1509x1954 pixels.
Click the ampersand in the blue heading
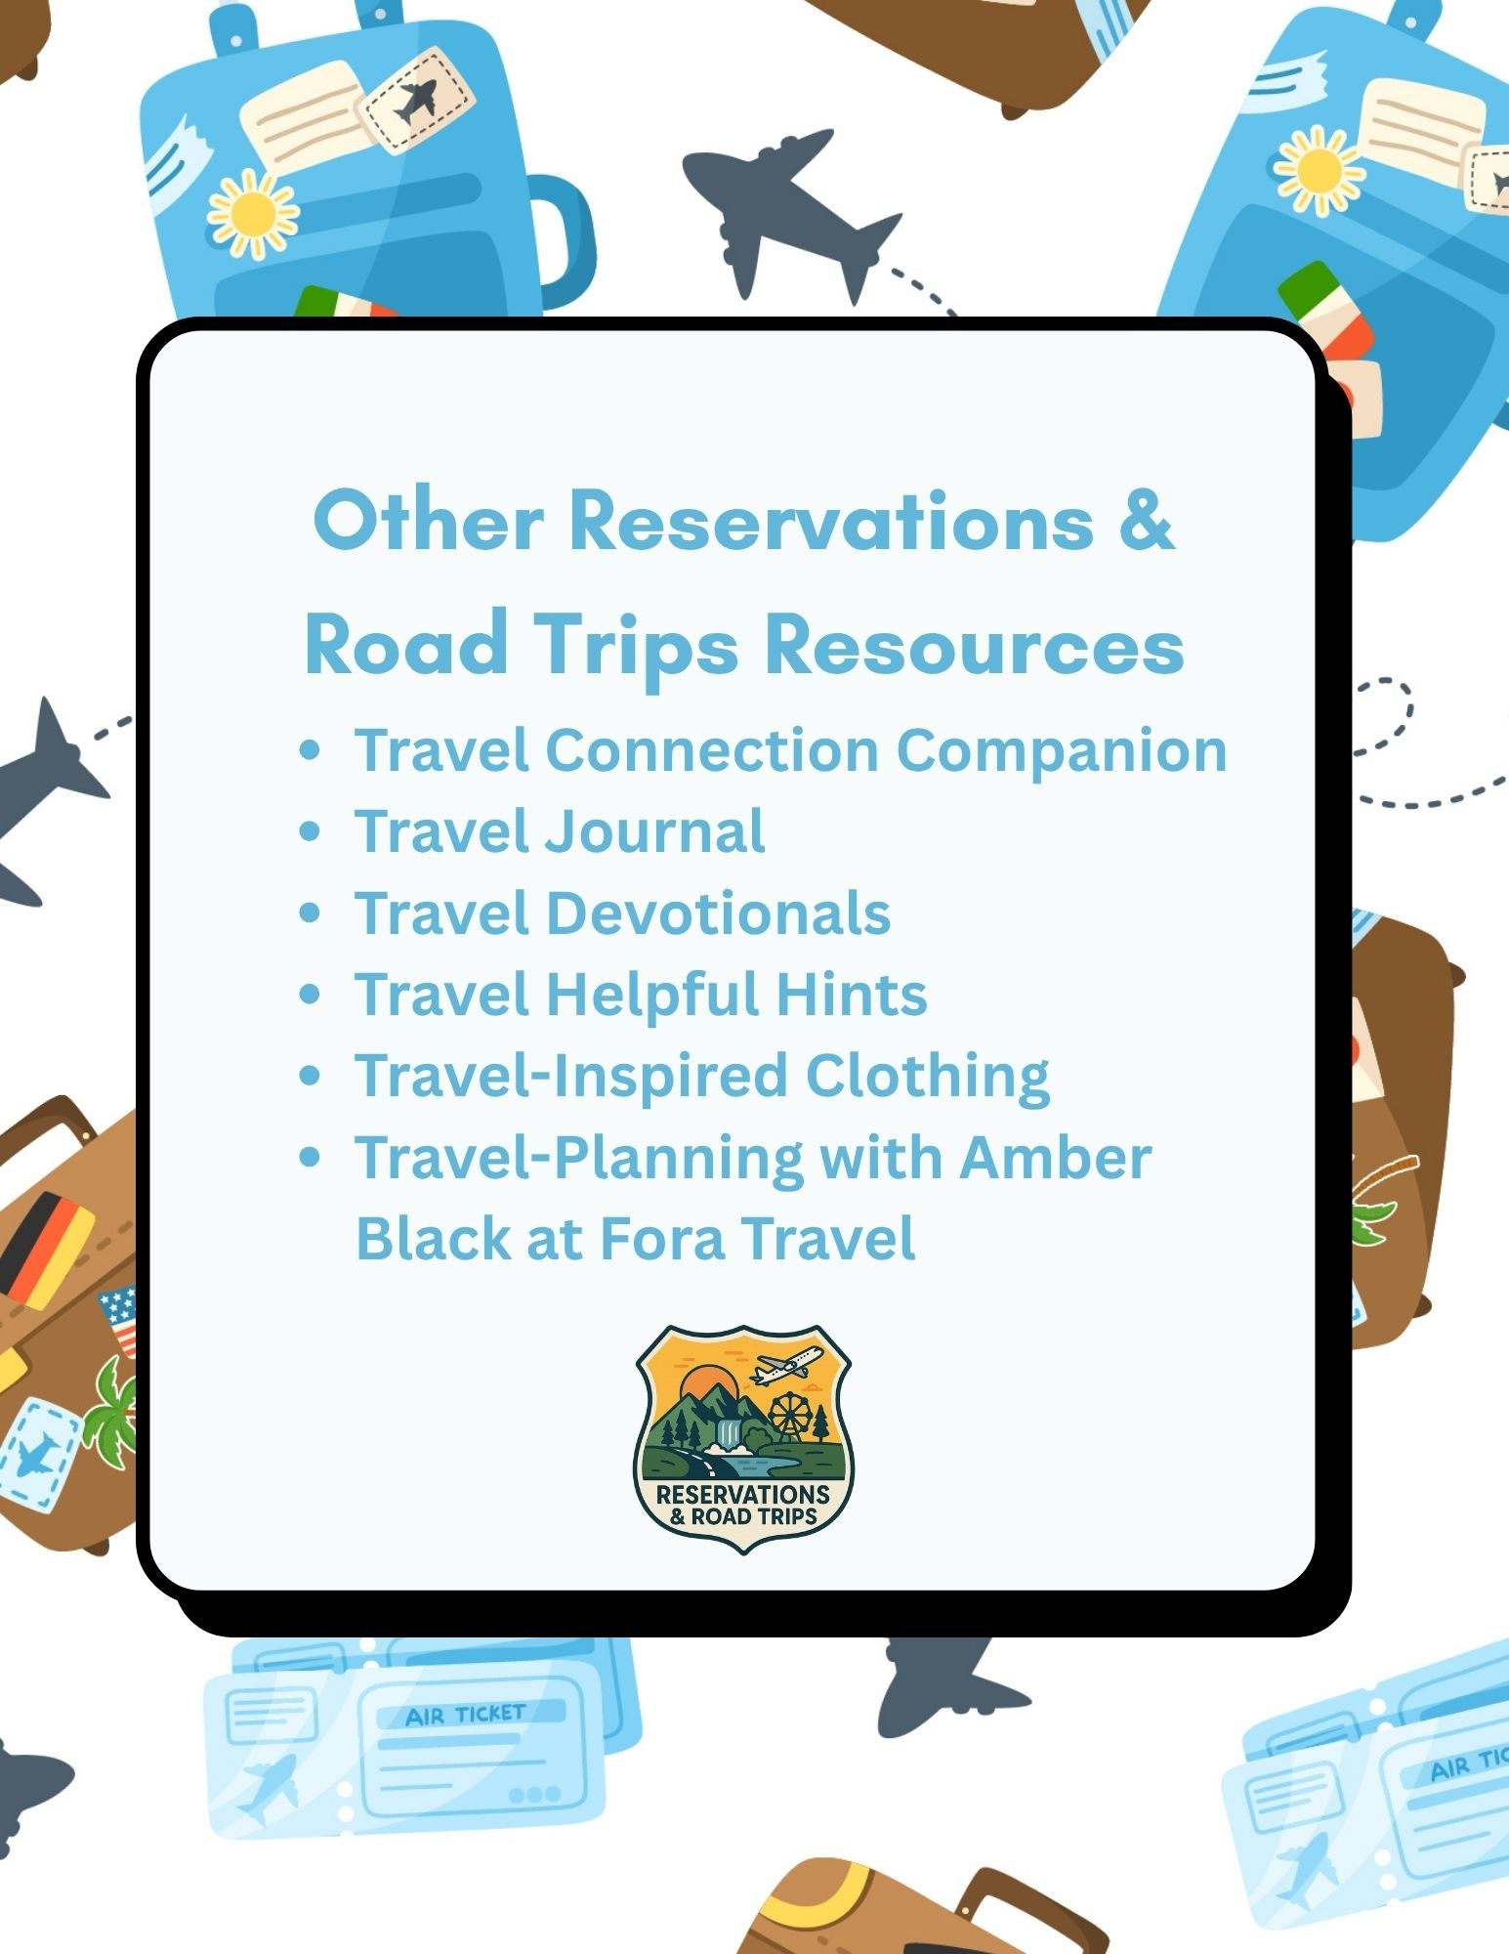(1145, 520)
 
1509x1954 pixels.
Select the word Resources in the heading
(974, 646)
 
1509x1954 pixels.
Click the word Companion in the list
(1061, 750)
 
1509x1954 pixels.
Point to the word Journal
(654, 831)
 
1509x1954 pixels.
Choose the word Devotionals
(718, 913)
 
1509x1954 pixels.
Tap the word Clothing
(927, 1077)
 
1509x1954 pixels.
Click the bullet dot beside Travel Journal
(311, 831)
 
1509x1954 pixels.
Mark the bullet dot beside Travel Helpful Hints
(311, 995)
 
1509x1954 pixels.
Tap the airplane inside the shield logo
(787, 1364)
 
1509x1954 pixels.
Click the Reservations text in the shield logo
(742, 1495)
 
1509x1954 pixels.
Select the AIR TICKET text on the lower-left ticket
(466, 1715)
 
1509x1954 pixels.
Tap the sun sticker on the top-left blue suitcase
(253, 213)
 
